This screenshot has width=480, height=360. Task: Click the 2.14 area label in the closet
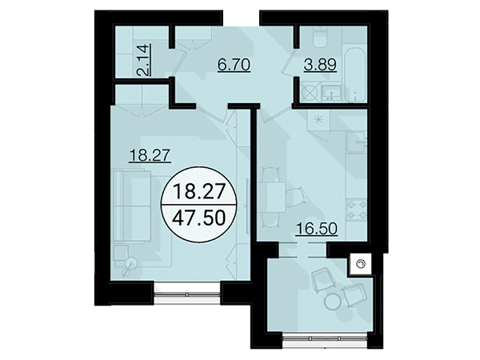point(144,60)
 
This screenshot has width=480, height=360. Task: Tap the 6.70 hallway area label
point(234,65)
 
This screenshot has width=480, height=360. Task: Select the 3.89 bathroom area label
point(320,65)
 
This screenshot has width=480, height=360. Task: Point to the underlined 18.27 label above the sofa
point(150,155)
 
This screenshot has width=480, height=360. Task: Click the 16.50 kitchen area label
point(317,229)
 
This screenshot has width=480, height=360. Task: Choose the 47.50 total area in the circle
point(199,218)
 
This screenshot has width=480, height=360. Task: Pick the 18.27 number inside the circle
point(199,191)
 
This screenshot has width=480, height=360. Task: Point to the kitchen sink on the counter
point(356,142)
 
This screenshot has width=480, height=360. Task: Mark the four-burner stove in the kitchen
point(356,209)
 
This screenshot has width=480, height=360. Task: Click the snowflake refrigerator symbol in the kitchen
point(318,119)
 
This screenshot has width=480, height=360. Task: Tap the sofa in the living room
point(132,206)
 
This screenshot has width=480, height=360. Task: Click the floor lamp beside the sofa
point(130,266)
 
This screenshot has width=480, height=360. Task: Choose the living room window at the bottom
point(187,294)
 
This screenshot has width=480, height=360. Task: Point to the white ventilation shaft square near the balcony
point(361,264)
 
